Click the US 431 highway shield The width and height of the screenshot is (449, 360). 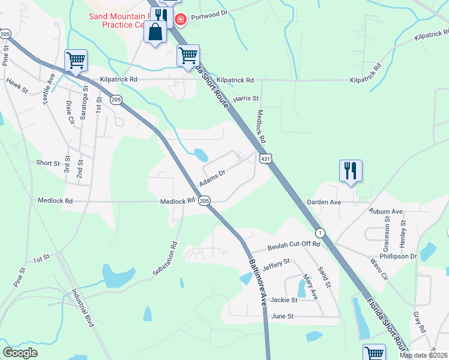(x=266, y=158)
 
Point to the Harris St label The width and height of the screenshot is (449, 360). (x=246, y=98)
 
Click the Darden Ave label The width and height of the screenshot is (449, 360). (x=324, y=203)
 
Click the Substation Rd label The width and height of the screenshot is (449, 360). (x=166, y=258)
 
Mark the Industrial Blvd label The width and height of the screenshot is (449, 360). (x=83, y=308)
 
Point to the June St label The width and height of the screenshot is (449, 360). (x=282, y=316)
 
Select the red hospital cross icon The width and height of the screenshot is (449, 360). (x=179, y=20)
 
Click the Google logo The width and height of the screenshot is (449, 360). (x=20, y=353)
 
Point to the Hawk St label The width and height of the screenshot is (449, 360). (x=17, y=85)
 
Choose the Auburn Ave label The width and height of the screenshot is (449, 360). (x=387, y=212)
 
